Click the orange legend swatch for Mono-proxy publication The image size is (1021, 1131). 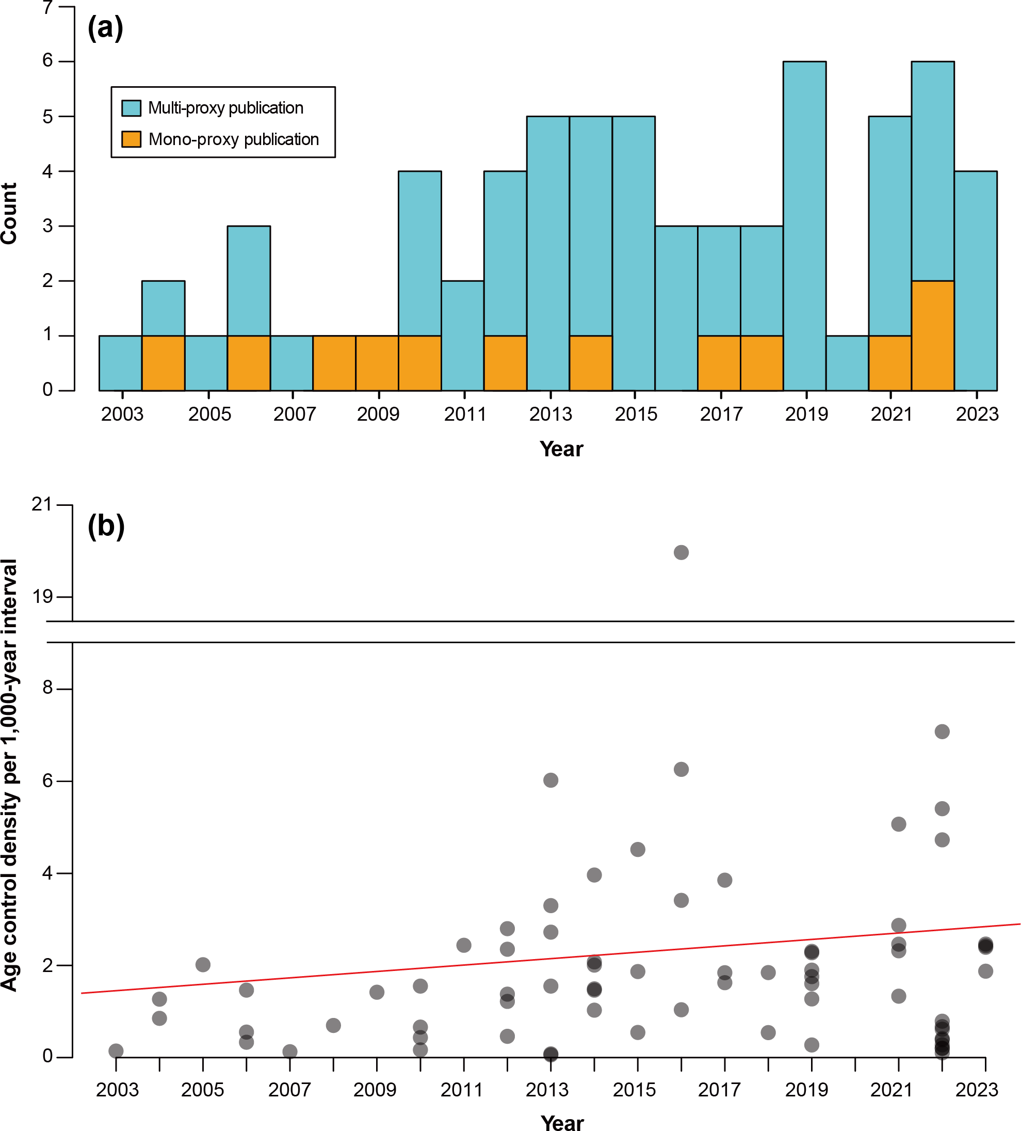[131, 139]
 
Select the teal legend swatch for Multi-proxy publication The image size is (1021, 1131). [131, 108]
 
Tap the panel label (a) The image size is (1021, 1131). [105, 27]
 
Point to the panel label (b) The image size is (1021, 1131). [106, 525]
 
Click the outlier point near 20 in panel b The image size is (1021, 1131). [680, 553]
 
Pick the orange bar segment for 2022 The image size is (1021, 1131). [932, 336]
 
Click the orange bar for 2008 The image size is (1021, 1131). [334, 363]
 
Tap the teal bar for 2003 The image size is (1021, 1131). [121, 363]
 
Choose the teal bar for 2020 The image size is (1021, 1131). [847, 363]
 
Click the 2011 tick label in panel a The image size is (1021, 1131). [465, 415]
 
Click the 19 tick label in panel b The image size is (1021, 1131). [43, 596]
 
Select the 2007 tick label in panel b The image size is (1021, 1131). [289, 1090]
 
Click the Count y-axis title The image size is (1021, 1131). [9, 213]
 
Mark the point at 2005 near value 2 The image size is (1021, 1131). [203, 965]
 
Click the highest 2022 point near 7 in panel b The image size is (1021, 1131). [942, 731]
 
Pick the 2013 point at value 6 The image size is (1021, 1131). [550, 780]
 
